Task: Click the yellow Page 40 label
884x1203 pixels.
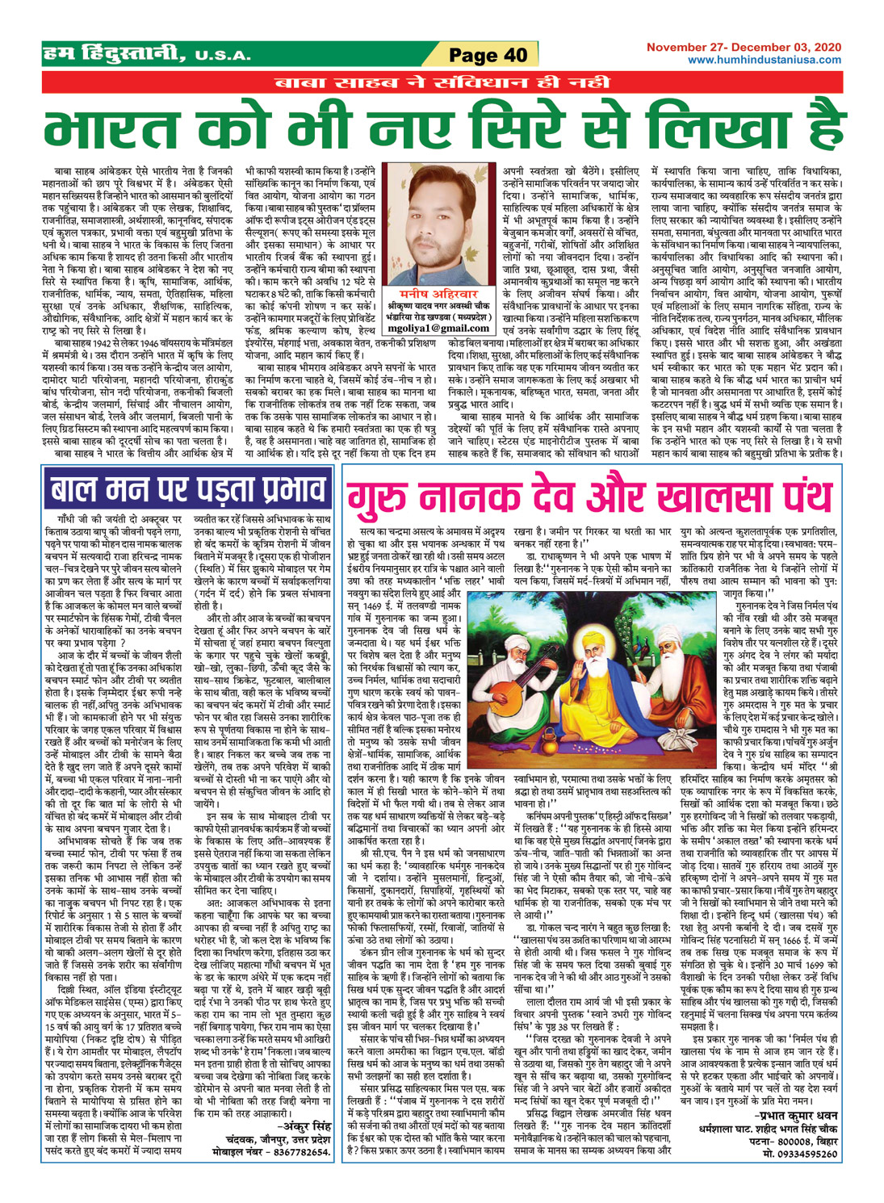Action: (x=488, y=55)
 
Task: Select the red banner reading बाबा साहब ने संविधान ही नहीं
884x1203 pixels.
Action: (x=442, y=82)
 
